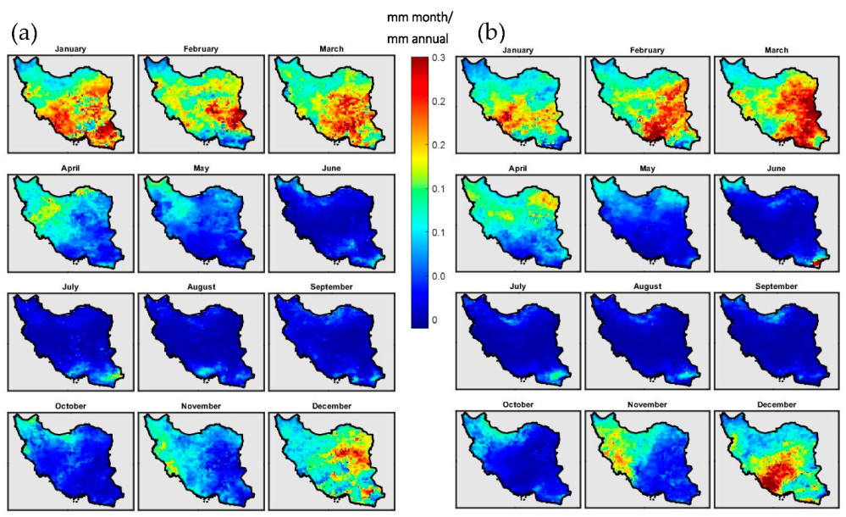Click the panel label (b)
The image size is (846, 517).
point(492,33)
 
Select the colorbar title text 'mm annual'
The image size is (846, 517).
point(417,38)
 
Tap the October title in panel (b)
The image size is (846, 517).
point(519,405)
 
